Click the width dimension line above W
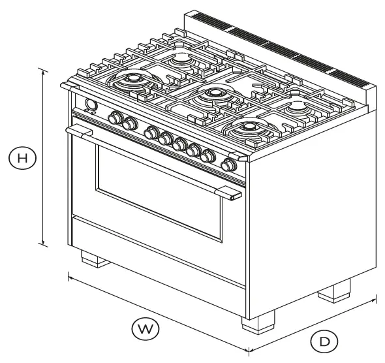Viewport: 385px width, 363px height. click(x=157, y=313)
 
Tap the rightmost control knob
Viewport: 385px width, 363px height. click(x=229, y=165)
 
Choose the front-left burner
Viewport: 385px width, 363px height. click(x=135, y=81)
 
